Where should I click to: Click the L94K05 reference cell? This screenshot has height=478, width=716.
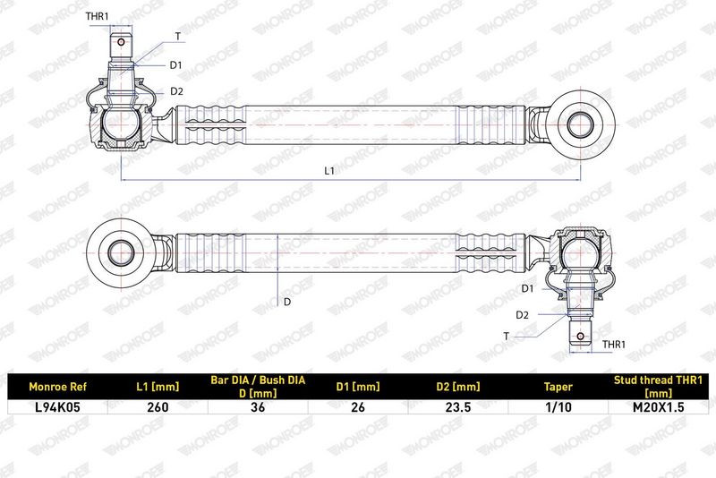pyautogui.click(x=57, y=406)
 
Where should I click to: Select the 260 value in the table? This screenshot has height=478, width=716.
pyautogui.click(x=158, y=406)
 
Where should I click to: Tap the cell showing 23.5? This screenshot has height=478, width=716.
pyautogui.click(x=458, y=406)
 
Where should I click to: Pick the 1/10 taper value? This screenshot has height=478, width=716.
pyautogui.click(x=558, y=406)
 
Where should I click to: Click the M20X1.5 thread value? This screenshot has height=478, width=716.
pyautogui.click(x=658, y=406)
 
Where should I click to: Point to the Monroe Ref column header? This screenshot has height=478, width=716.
pyautogui.click(x=57, y=387)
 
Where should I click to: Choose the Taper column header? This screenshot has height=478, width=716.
pyautogui.click(x=558, y=388)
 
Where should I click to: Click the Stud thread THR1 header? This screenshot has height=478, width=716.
pyautogui.click(x=658, y=386)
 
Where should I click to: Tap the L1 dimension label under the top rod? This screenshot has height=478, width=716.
pyautogui.click(x=329, y=171)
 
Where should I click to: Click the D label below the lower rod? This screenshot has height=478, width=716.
pyautogui.click(x=286, y=302)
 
